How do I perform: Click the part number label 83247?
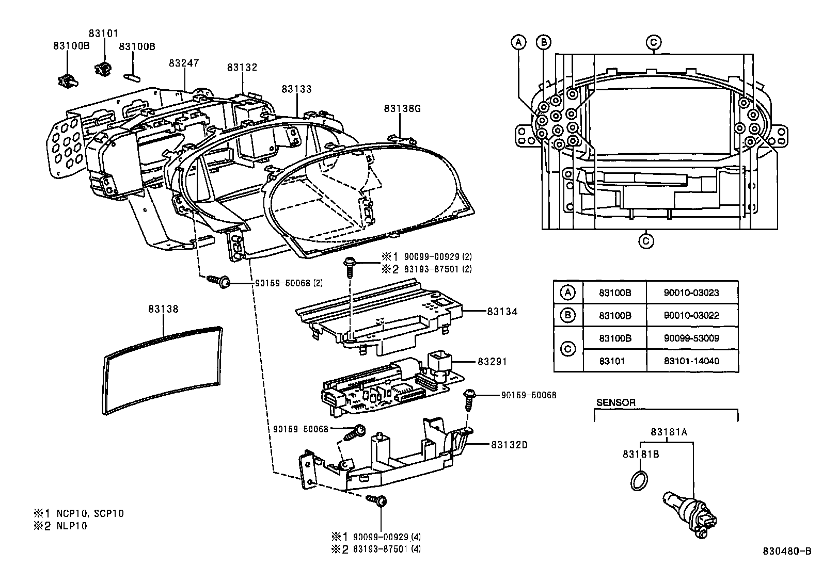coord(183,63)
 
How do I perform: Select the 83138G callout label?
coord(402,108)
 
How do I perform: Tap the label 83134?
coord(501,312)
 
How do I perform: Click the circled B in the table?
coord(567,315)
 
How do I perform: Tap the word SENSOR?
coord(615,402)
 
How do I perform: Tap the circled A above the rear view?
coord(519,42)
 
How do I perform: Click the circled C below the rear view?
coord(646,240)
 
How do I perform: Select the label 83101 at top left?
coord(103,33)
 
